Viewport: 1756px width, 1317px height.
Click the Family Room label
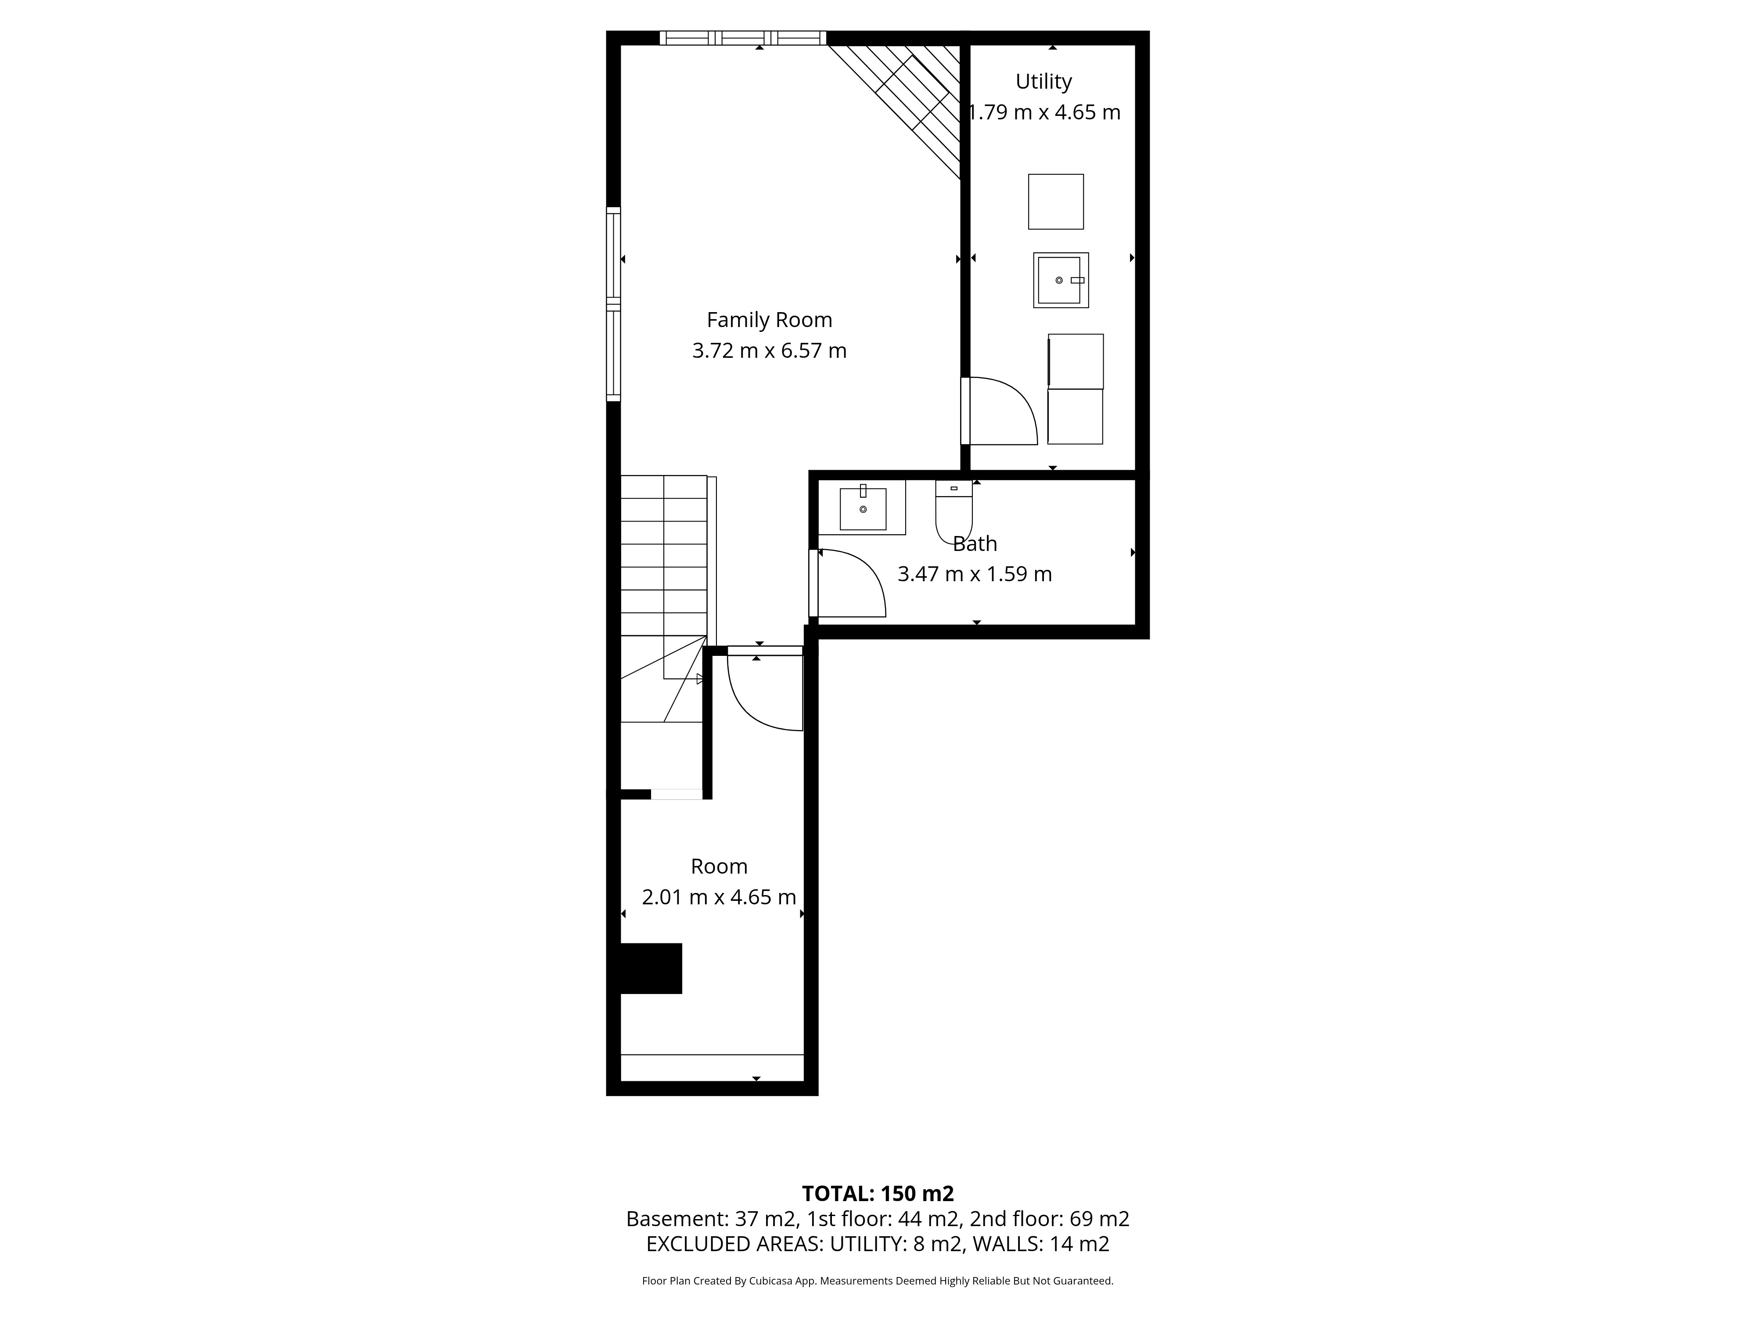[x=769, y=320]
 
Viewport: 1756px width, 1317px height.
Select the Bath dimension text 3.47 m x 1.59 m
[x=975, y=574]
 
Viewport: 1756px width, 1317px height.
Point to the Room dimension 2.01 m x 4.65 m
[x=719, y=897]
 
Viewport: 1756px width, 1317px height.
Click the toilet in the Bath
[x=954, y=511]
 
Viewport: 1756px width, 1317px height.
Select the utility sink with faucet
[x=1061, y=280]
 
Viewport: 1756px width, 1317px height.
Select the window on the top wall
[x=742, y=37]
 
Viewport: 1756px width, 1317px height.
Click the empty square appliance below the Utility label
[x=1056, y=202]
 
